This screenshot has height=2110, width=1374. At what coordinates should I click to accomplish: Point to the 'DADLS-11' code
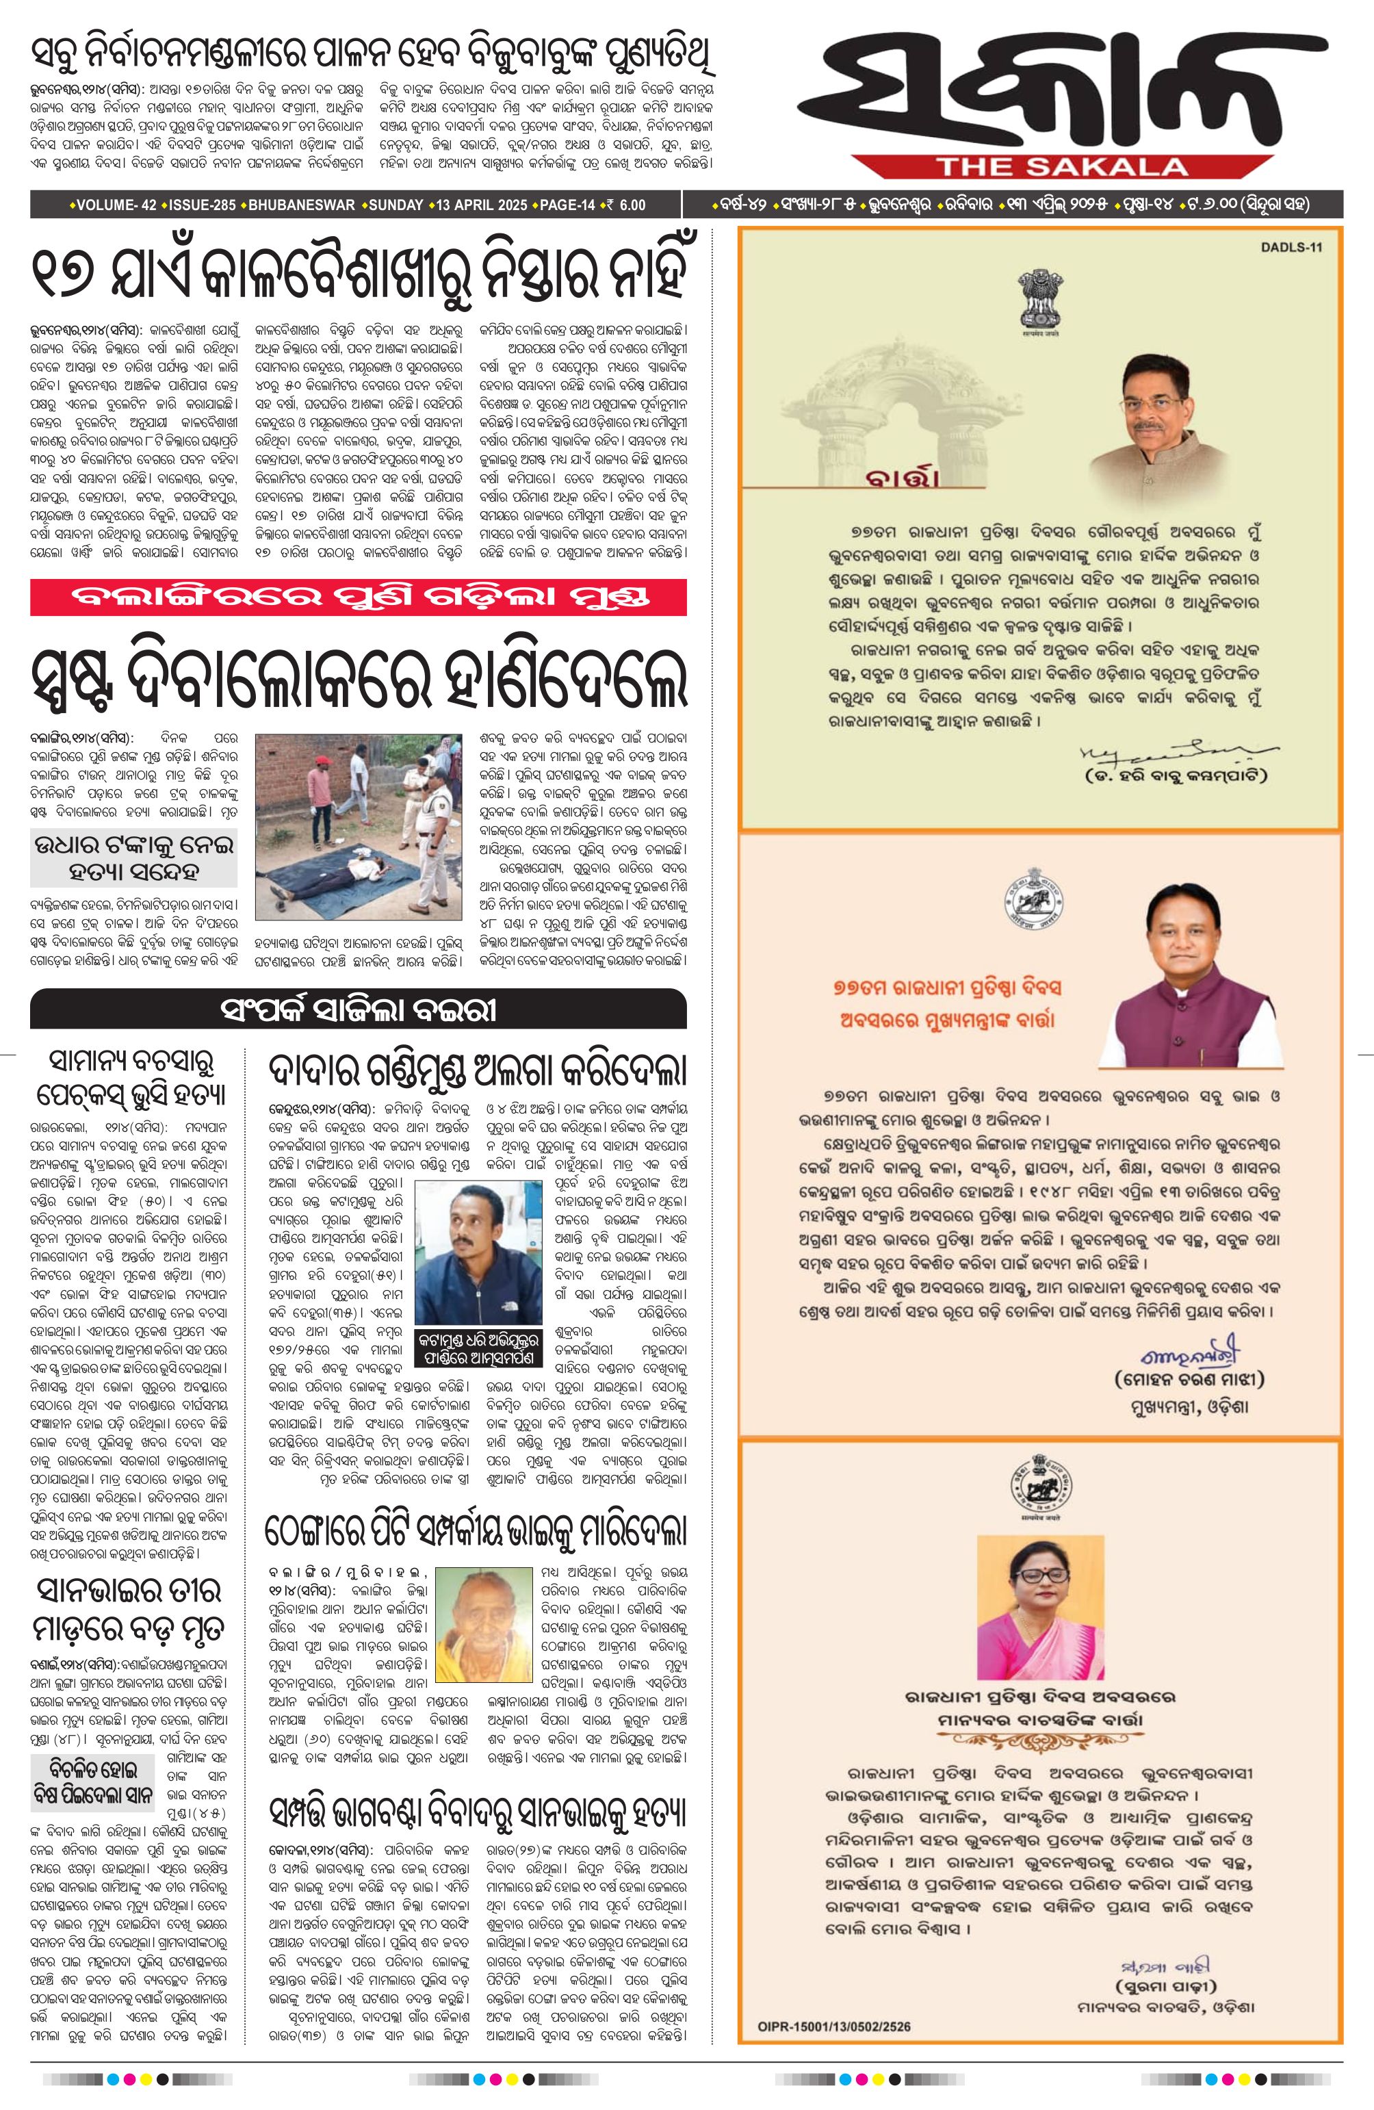1291,247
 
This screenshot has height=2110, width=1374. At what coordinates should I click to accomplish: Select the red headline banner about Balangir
358,597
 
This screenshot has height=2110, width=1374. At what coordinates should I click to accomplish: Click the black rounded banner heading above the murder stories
358,1009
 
